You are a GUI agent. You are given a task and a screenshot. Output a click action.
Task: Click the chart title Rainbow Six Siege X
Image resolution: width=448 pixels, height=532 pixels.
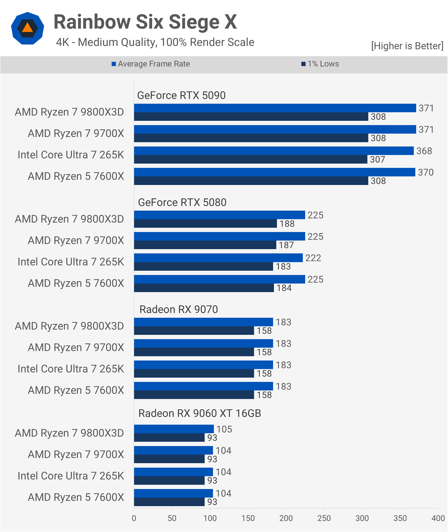(145, 22)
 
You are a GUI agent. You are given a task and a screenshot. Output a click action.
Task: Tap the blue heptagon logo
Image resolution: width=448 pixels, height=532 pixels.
(27, 28)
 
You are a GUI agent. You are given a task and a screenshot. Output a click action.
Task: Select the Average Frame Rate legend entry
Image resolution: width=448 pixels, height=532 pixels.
(151, 64)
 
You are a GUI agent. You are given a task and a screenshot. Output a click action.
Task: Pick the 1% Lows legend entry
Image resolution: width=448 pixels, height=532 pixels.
(320, 64)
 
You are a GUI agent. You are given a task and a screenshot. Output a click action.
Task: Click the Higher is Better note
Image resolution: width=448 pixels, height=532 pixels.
(407, 46)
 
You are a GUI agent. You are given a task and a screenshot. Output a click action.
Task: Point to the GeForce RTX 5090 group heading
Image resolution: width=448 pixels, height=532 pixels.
(181, 96)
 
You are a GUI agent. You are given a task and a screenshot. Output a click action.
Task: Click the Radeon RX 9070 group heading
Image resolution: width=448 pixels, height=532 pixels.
(179, 309)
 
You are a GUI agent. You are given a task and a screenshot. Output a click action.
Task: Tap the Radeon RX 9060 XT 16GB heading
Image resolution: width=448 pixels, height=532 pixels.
(200, 413)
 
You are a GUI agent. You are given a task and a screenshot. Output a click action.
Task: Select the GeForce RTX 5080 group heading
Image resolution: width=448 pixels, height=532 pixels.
(182, 203)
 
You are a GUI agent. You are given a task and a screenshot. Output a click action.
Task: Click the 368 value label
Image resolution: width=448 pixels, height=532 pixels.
(424, 151)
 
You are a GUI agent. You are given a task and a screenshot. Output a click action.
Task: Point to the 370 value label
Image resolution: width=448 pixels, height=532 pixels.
(426, 172)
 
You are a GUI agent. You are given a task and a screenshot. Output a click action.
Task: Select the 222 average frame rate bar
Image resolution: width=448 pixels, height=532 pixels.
(218, 258)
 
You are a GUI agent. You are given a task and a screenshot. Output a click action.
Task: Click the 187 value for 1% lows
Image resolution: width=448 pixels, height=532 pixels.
(286, 245)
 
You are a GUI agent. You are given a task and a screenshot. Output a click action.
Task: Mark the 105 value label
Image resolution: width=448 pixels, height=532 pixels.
(224, 429)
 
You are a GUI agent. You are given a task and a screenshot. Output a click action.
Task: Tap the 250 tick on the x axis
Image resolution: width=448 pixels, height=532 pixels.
(324, 518)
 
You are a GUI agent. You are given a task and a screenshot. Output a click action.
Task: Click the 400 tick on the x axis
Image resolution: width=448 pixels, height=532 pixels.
(438, 518)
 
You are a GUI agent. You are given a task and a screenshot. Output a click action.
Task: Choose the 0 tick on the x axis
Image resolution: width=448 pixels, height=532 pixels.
(134, 518)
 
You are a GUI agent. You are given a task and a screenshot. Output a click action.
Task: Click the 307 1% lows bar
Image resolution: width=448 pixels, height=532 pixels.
(251, 159)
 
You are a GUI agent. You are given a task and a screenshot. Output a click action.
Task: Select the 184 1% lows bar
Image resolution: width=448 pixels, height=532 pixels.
(204, 288)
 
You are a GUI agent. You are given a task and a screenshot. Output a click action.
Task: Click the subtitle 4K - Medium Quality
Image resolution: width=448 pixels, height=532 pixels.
(155, 42)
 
